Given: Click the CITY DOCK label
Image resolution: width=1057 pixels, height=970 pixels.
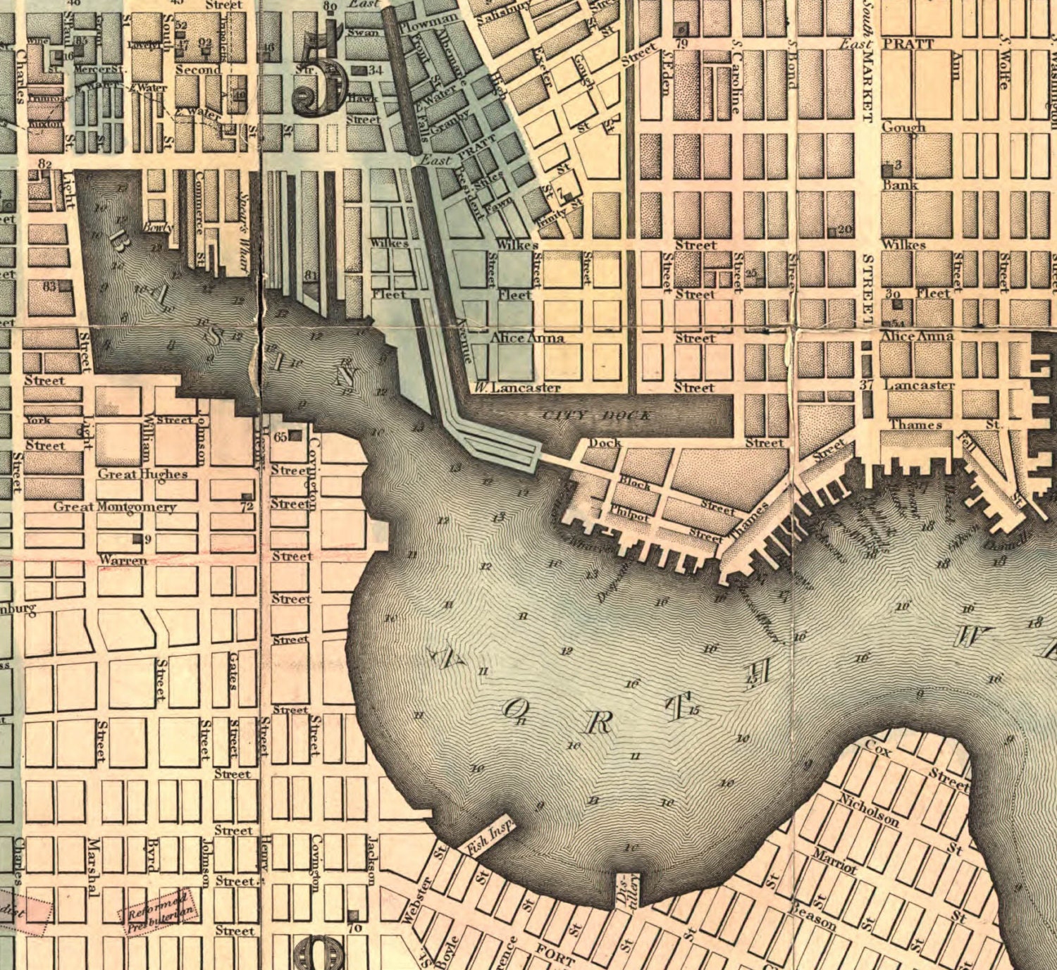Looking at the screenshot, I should click(x=597, y=415).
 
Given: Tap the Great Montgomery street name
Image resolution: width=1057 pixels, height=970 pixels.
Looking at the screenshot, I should click(x=115, y=506).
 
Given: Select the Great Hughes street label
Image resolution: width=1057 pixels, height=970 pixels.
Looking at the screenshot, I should click(x=142, y=474).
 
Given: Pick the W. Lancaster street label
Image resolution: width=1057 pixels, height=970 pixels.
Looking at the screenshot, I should click(x=517, y=387).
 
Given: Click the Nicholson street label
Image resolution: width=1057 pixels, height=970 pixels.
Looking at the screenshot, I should click(x=869, y=809).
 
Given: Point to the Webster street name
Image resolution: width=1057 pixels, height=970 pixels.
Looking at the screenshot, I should click(x=415, y=900).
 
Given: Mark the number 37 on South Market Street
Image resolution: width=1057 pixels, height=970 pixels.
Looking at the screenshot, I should click(x=866, y=385).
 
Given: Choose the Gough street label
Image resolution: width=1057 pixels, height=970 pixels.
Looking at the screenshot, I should click(x=903, y=128).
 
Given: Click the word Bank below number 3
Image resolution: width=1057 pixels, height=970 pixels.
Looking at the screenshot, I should click(x=900, y=185).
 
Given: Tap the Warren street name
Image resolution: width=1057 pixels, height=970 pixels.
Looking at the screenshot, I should click(x=123, y=560).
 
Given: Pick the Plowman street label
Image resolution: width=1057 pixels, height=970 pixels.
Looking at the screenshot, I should click(x=428, y=24).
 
